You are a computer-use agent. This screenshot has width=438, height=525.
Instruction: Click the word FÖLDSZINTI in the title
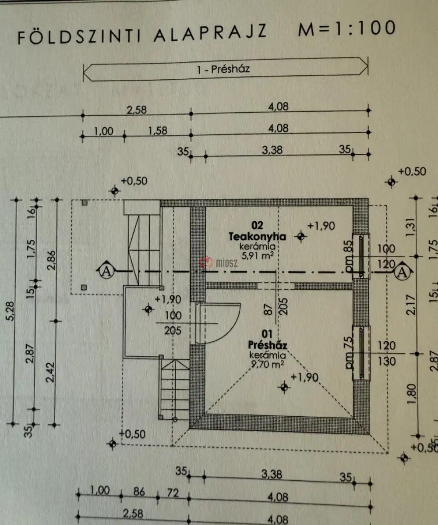tap(79, 37)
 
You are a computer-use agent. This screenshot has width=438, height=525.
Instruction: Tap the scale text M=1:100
tap(346, 29)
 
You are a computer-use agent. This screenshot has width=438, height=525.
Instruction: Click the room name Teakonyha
tap(257, 237)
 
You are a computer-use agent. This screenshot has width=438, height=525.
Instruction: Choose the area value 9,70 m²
tap(267, 363)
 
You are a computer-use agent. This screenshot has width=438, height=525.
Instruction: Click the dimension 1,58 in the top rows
tap(157, 131)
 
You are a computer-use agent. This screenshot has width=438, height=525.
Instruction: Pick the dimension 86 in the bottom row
tap(139, 492)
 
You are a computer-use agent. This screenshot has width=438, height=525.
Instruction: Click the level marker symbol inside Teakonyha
tap(300, 237)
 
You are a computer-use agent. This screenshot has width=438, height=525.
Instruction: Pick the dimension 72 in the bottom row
tap(173, 493)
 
